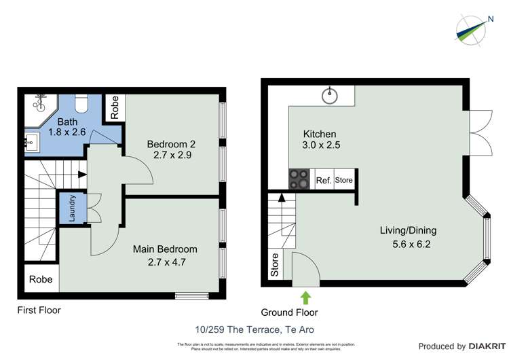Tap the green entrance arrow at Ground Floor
(x=305, y=297)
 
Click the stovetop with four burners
(x=299, y=179)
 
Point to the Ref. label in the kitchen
(x=324, y=181)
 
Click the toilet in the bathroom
(x=81, y=102)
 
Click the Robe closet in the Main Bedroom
(x=41, y=278)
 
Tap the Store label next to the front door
(x=275, y=265)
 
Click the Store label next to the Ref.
(x=344, y=180)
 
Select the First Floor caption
(x=39, y=310)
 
